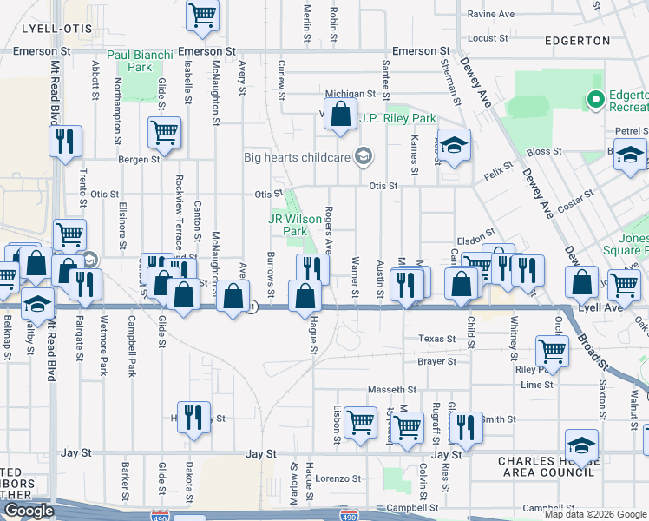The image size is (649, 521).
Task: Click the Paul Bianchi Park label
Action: tap(129, 60)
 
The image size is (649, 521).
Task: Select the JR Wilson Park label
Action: tap(288, 226)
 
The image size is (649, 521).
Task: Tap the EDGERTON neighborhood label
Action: tap(578, 40)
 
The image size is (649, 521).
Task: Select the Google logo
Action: tap(28, 511)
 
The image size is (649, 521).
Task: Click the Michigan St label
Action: tap(350, 94)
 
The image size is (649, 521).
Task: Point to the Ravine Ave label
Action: tap(490, 15)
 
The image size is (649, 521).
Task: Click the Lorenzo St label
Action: tap(338, 478)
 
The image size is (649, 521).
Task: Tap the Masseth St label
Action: tap(392, 390)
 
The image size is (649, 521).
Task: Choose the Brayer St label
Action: tap(436, 361)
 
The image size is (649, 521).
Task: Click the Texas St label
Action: tap(436, 339)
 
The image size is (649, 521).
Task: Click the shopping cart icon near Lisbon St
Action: tap(360, 421)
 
